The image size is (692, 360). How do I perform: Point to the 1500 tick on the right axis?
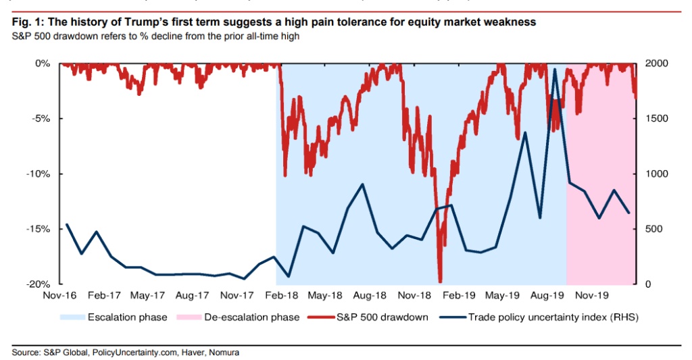pos(652,118)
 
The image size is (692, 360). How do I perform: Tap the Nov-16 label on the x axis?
pos(59,295)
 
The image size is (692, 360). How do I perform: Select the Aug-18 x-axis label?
pos(369,295)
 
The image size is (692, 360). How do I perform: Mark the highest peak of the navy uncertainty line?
pos(555,69)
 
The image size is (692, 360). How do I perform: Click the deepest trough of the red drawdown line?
pos(440,282)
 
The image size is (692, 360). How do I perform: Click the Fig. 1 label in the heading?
pos(26,22)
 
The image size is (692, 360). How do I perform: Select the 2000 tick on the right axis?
pos(652,63)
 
